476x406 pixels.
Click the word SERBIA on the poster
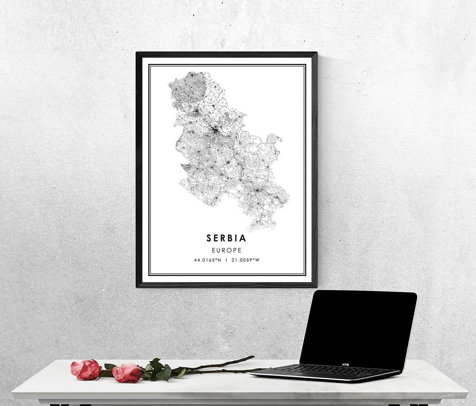pos(226,238)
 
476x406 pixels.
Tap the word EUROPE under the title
pos(227,250)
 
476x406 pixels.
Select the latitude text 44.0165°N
pos(207,260)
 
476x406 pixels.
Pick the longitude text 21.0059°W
pos(245,260)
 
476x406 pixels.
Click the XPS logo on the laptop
pos(345,364)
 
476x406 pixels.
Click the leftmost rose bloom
pos(85,369)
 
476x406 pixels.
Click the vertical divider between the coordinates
pos(226,260)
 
